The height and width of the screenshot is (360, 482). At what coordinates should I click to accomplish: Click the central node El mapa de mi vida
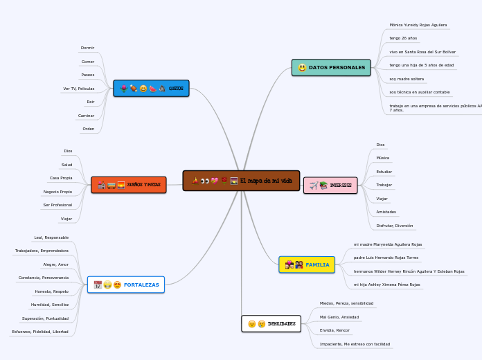coord(241,181)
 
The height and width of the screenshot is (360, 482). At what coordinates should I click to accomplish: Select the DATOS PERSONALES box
coord(331,67)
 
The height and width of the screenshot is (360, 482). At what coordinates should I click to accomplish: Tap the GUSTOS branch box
coord(151,89)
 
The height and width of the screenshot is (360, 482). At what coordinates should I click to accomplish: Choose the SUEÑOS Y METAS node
coord(129,185)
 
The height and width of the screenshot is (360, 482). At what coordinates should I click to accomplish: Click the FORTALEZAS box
coord(126,285)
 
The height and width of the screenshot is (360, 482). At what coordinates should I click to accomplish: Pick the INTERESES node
coord(330,185)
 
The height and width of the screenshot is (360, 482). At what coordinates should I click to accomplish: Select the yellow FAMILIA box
coord(307,264)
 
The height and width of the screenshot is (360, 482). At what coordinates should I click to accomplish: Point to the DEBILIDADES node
coord(271,323)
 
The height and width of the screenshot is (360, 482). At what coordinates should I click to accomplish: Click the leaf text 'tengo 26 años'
coord(403,38)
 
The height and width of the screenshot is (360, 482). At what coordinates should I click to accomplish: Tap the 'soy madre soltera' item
coord(407,79)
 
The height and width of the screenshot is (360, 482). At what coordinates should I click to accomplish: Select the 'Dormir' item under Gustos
coord(87,48)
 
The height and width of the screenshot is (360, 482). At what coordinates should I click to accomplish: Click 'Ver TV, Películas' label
coord(78,89)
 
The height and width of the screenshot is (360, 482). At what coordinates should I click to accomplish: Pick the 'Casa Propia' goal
coord(61,178)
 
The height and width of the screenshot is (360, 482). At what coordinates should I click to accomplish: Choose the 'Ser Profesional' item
coord(57,205)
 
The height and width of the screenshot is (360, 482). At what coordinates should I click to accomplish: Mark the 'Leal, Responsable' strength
coord(51,237)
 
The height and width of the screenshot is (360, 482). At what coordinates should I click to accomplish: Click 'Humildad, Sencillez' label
coord(50,305)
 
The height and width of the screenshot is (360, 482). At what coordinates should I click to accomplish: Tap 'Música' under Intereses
coord(382,158)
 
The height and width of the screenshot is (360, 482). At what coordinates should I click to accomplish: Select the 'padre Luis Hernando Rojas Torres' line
coord(386,258)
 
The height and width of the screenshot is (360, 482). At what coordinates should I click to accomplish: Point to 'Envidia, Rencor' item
coord(334,330)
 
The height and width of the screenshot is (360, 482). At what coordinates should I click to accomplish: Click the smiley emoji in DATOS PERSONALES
coord(302,68)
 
